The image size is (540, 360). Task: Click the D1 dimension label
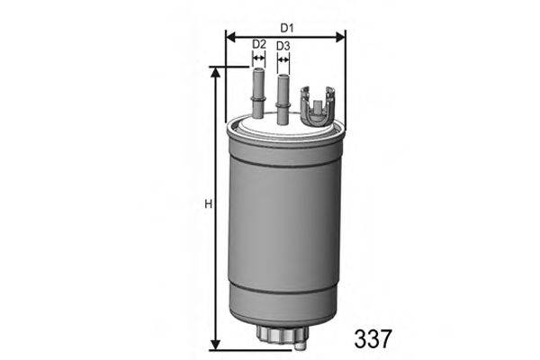point(284,27)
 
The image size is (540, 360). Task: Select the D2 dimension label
point(258,45)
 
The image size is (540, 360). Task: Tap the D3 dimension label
point(283,45)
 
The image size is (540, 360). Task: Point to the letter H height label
point(207,205)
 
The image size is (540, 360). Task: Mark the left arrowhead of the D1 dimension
point(229,37)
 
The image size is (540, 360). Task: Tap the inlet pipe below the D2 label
point(258,94)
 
